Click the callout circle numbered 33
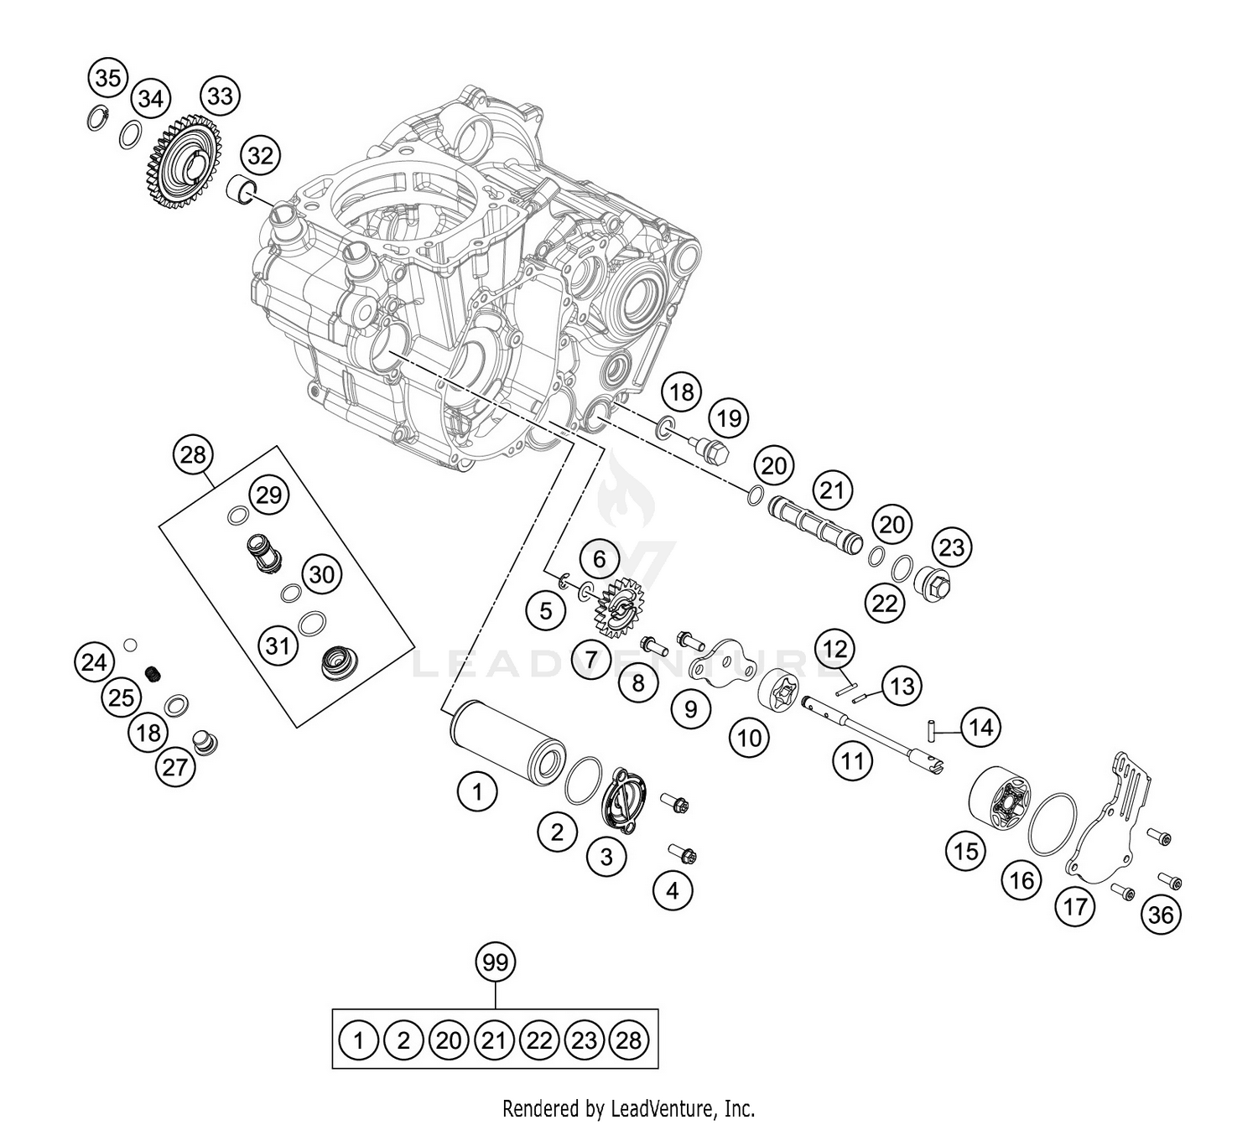(220, 96)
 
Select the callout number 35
(107, 78)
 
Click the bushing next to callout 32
(244, 189)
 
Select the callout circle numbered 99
(496, 962)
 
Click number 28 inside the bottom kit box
(628, 1040)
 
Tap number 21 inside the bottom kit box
(494, 1040)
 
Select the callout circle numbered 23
(951, 547)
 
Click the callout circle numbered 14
(980, 728)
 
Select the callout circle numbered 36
(1161, 915)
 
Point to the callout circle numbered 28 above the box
(193, 455)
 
